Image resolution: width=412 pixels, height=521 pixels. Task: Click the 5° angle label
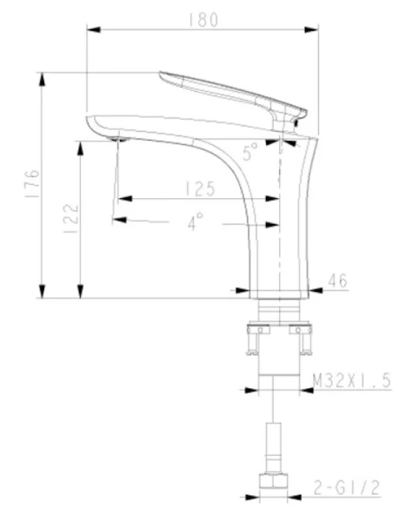(250, 155)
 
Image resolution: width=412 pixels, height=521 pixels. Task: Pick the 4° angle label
(194, 222)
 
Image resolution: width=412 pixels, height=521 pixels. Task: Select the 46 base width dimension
(338, 280)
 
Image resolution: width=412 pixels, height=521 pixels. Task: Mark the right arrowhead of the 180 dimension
(312, 31)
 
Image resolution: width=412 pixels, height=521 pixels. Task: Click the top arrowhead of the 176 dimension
(43, 76)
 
